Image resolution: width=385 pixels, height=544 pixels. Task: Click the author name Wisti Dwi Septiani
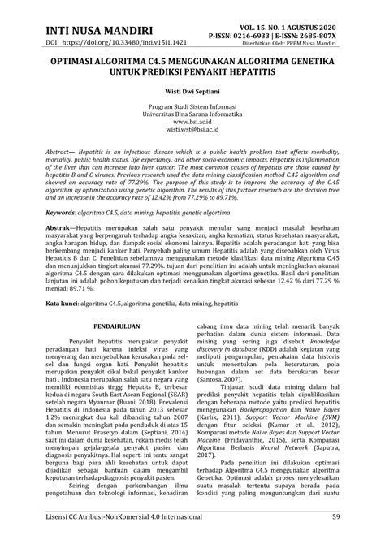coord(192,93)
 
